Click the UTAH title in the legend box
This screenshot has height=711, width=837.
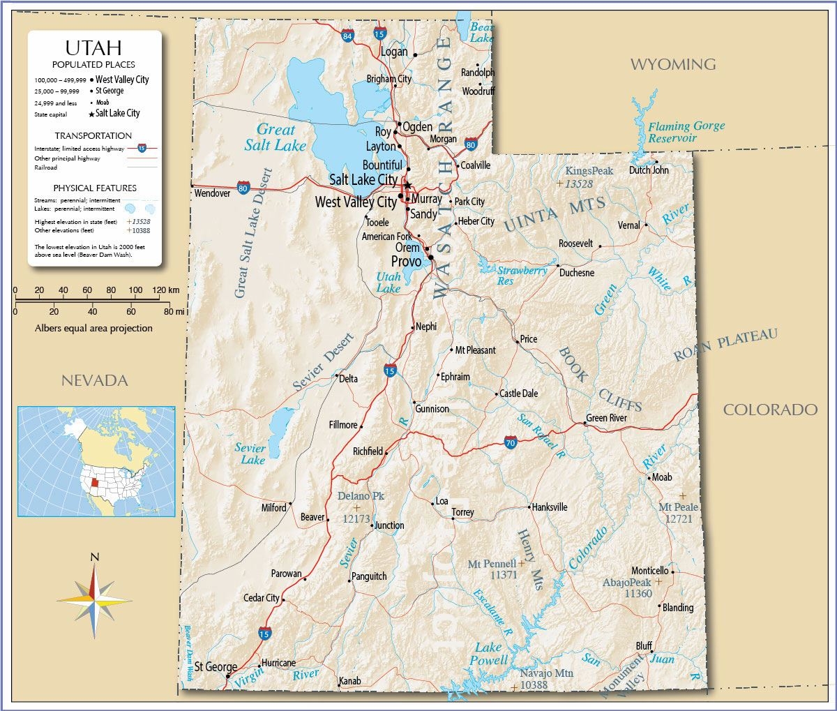pyautogui.click(x=93, y=47)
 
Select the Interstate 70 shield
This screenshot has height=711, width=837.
pyautogui.click(x=511, y=442)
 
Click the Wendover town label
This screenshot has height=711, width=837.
pyautogui.click(x=212, y=193)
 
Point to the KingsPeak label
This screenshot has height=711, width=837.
pyautogui.click(x=589, y=171)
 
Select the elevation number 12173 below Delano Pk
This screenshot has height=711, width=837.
pyautogui.click(x=356, y=519)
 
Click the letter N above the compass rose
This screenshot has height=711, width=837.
pyautogui.click(x=95, y=556)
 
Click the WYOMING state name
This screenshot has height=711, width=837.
pyautogui.click(x=673, y=64)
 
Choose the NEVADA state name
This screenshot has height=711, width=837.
pyautogui.click(x=95, y=380)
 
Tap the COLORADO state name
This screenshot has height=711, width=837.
pyautogui.click(x=770, y=410)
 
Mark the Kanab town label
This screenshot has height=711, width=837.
pyautogui.click(x=349, y=681)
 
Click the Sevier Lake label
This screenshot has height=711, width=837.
pyautogui.click(x=250, y=454)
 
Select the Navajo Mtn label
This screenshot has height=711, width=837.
pyautogui.click(x=546, y=674)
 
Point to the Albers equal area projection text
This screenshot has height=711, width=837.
pyautogui.click(x=93, y=328)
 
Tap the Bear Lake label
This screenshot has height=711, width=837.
pyautogui.click(x=482, y=33)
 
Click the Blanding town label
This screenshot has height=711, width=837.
pyautogui.click(x=677, y=608)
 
